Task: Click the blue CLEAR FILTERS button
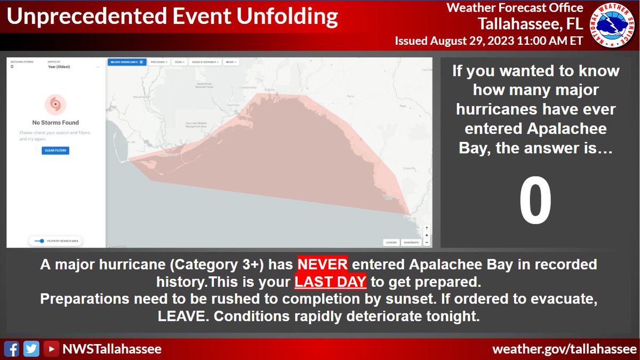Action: coord(56,150)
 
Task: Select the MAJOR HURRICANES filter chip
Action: coord(126,62)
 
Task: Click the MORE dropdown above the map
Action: coord(231,62)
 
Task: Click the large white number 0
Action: coord(535,202)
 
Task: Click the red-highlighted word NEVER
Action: coord(322,264)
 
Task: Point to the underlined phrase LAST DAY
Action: coord(331,282)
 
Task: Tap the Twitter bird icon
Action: coord(32,349)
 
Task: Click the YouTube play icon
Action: coord(51,349)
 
